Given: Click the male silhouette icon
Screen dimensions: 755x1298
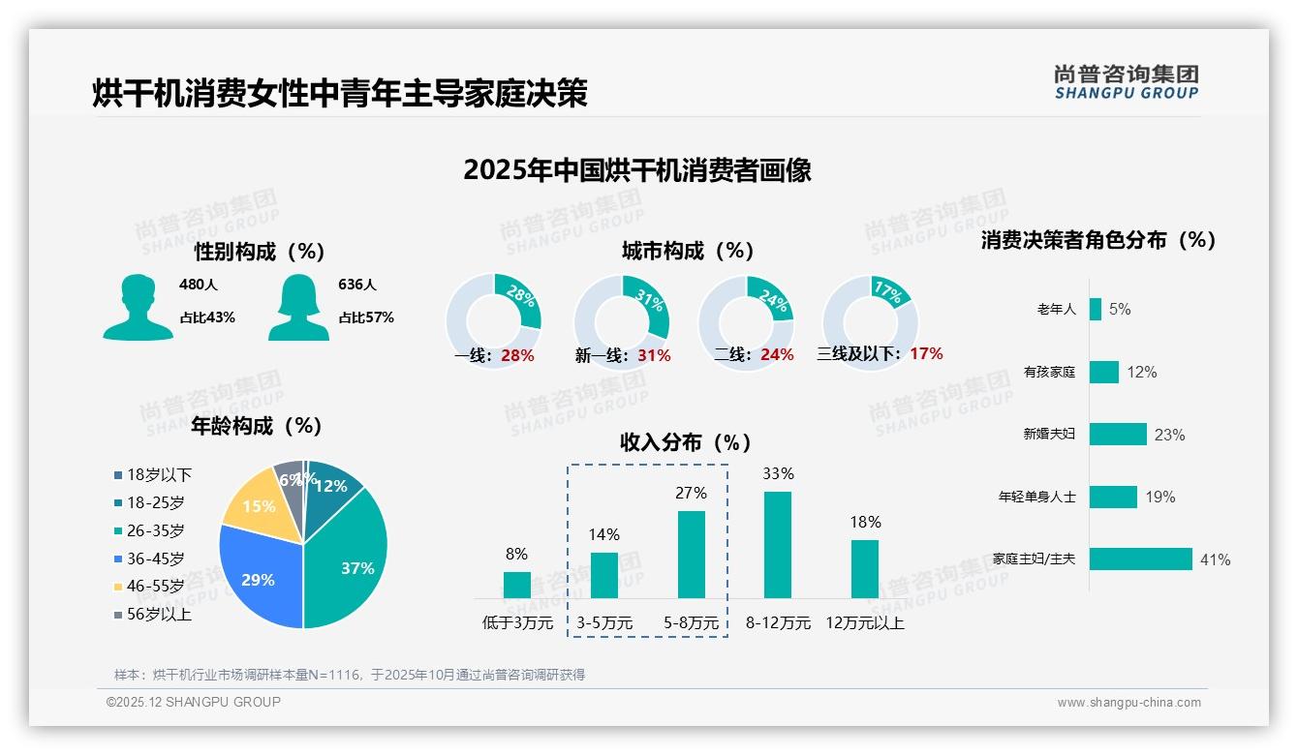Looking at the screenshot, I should (138, 308).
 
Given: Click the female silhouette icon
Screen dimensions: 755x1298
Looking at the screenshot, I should (298, 308).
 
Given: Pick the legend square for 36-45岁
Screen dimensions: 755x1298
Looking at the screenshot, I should (118, 559).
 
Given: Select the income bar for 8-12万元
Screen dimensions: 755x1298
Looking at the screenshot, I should (778, 545).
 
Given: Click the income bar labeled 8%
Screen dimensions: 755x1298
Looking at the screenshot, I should (517, 585).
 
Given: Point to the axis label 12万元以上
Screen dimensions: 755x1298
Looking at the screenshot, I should (864, 623).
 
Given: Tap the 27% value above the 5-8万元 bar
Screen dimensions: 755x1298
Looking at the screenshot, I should (691, 494).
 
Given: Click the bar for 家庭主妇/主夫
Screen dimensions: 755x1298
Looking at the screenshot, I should (1140, 559).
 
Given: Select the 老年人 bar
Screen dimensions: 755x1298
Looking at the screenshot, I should (1095, 309).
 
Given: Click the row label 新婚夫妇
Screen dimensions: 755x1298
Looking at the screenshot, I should (1049, 435).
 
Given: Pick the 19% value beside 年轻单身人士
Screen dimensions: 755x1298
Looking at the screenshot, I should (1160, 498).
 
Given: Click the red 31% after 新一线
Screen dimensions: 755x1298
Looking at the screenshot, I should (654, 355).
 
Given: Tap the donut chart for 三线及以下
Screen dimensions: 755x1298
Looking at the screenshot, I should (870, 323).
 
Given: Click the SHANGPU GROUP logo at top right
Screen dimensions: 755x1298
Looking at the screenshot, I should (1127, 82).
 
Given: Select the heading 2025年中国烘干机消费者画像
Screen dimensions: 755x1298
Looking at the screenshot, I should (636, 170).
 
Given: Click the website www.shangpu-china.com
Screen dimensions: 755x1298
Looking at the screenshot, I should (1128, 703).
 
